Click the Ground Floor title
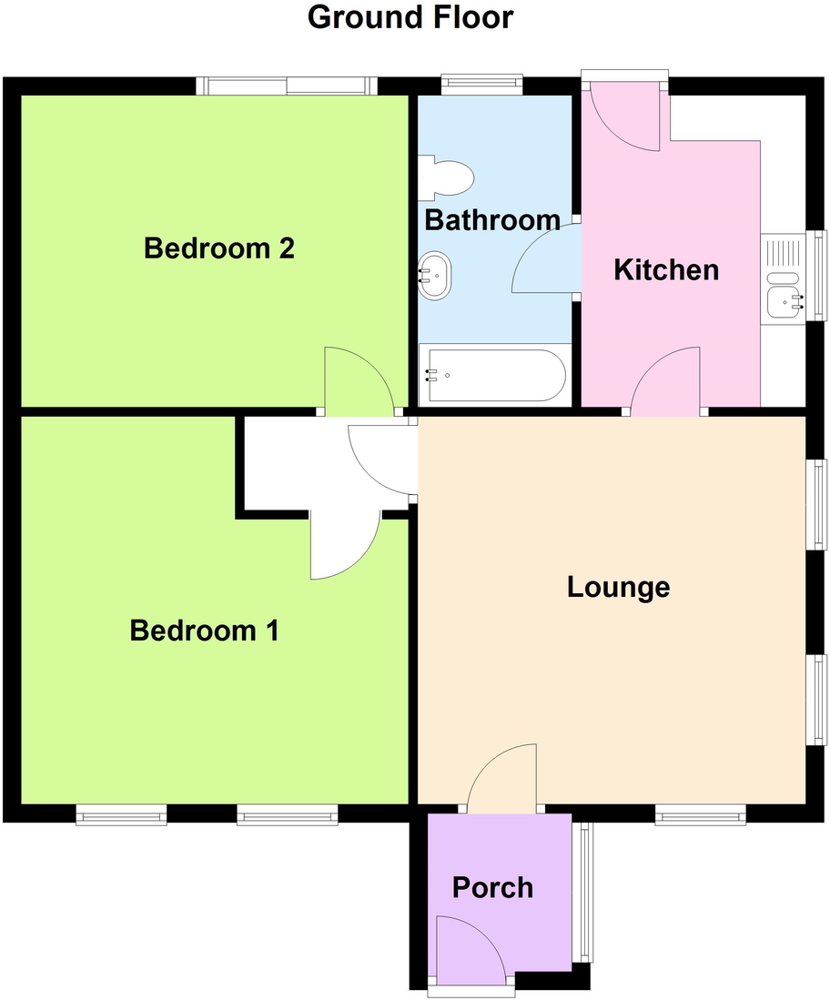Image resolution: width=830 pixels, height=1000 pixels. [x=410, y=17]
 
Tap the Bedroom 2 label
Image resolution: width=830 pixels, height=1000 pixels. [x=219, y=248]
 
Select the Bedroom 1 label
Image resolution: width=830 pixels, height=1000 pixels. [x=205, y=631]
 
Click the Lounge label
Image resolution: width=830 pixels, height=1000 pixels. [x=618, y=588]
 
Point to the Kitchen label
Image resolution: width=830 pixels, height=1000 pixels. [x=666, y=270]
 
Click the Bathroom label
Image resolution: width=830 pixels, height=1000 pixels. [x=492, y=220]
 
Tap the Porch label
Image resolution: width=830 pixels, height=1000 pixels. [x=493, y=887]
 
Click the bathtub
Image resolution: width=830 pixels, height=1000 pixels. [x=493, y=376]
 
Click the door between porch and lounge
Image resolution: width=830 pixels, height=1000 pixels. [x=502, y=778]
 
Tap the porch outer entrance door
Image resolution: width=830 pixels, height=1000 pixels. [x=470, y=950]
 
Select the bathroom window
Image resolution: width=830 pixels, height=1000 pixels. [x=482, y=86]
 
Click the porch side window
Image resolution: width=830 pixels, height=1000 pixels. [x=582, y=892]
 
